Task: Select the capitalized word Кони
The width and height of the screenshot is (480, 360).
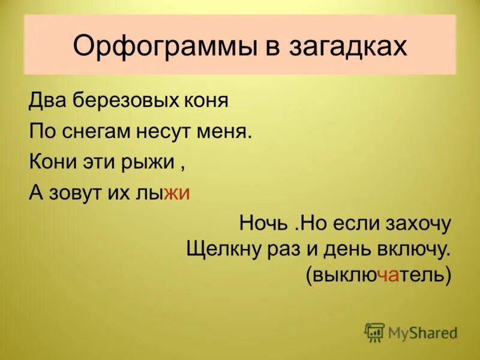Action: coord(50,162)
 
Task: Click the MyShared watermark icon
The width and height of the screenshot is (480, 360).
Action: coord(374,332)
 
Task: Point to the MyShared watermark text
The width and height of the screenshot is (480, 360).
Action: coord(422,332)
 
